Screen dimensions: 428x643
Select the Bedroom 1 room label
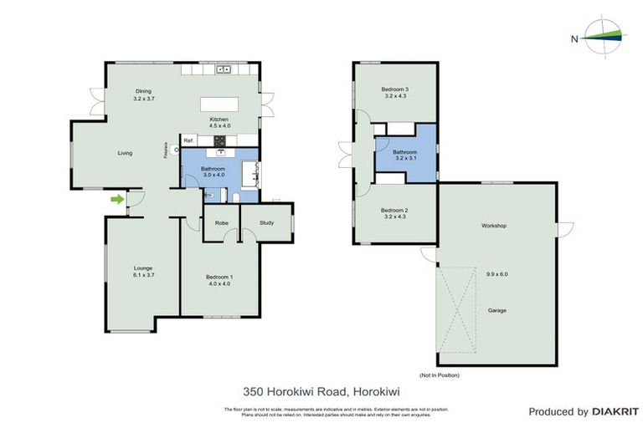219,276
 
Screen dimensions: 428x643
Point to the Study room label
266,222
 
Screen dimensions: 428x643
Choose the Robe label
222,222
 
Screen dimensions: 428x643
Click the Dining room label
144,91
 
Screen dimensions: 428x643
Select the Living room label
125,153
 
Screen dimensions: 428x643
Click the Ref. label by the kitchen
188,140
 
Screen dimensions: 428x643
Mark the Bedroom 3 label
394,89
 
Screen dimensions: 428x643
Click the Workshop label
493,226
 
